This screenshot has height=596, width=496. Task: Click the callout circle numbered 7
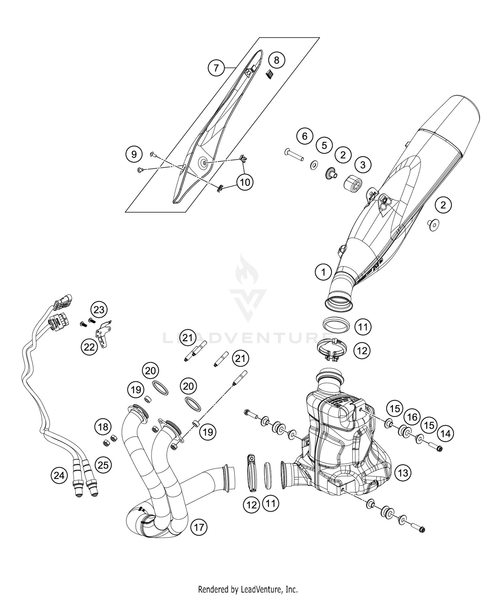[216, 68]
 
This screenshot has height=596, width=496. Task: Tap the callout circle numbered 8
[276, 60]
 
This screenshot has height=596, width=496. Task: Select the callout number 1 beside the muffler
[323, 272]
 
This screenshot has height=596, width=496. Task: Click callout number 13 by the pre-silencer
[403, 473]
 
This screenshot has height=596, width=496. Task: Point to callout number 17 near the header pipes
[199, 527]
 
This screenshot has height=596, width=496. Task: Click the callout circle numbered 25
[103, 465]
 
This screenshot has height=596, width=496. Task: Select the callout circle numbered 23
[99, 310]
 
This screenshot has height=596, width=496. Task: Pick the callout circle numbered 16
[412, 417]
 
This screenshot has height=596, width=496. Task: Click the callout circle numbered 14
[445, 433]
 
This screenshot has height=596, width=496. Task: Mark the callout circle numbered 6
[305, 136]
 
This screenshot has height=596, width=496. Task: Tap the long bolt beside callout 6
[294, 155]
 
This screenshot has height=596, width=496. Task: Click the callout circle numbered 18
[103, 427]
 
